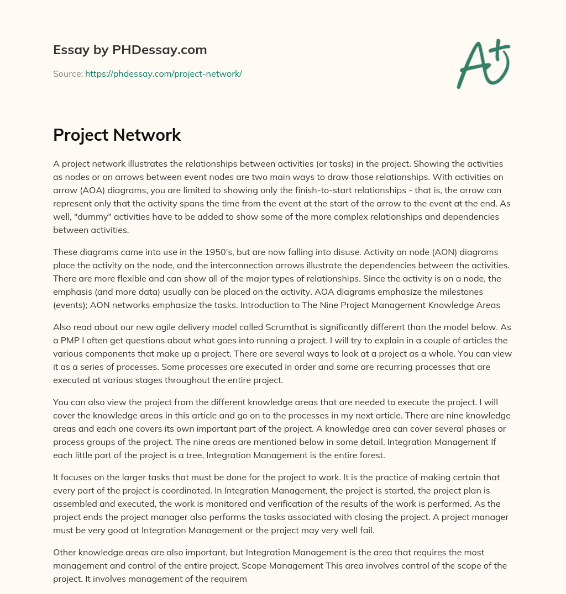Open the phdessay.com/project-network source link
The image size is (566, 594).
coord(164,73)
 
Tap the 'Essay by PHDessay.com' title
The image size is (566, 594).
coord(130,50)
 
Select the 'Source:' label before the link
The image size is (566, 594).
coord(68,73)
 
